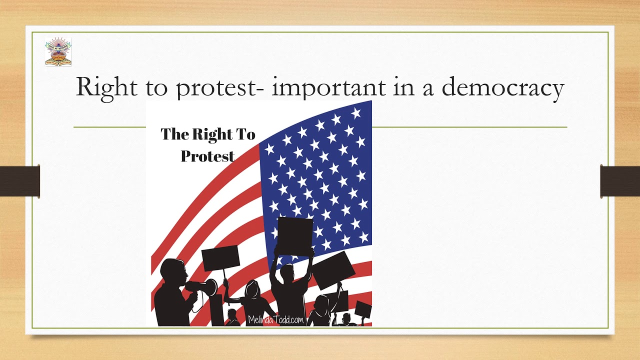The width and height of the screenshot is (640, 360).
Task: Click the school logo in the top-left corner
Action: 58,51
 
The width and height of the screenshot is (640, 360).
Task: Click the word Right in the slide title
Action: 106,87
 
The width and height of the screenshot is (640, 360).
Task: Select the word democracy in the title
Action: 503,87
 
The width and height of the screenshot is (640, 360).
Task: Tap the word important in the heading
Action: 329,87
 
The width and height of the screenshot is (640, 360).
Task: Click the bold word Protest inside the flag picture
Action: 207,156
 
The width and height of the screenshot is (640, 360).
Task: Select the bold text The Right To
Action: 208,134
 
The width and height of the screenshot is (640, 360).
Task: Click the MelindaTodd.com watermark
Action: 275,320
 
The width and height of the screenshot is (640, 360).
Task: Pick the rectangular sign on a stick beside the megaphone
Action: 220,258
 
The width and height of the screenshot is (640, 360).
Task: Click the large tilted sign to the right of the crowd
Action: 333,270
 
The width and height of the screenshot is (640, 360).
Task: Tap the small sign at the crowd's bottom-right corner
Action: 363,309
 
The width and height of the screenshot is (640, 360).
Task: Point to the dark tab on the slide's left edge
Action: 20,180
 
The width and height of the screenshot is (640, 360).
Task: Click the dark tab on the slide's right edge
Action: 620,180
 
